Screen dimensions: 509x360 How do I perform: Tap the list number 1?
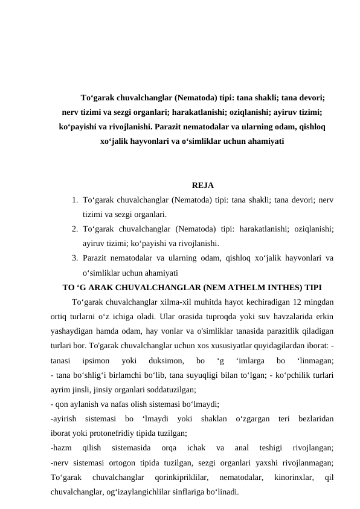pos(72,199)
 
